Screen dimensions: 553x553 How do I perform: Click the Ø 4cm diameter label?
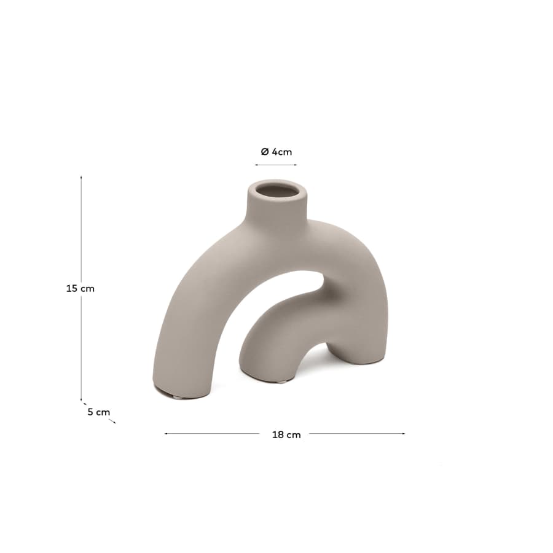coord(276,152)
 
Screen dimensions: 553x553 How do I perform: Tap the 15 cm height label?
coord(80,288)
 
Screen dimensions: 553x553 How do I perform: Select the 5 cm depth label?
coord(98,412)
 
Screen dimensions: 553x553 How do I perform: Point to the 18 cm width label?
coord(286,434)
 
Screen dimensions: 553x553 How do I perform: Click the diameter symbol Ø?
coord(264,152)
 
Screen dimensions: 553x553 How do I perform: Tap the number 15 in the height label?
coord(71,288)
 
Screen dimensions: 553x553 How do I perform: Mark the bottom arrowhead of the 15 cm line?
coord(81,399)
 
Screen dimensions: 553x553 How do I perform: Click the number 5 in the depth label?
coord(90,412)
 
